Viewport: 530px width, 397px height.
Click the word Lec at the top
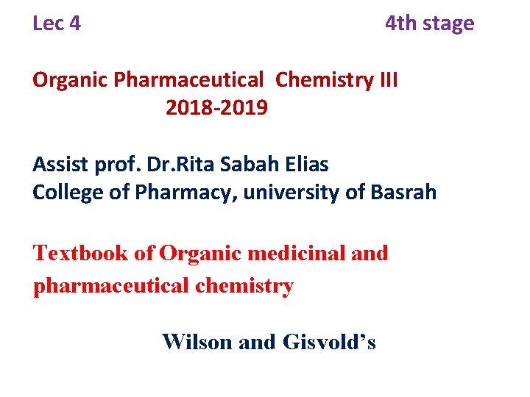coord(48,24)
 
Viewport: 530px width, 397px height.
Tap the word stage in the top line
coord(448,24)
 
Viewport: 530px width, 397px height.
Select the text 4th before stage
coord(400,24)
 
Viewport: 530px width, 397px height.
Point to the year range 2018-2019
coord(217,108)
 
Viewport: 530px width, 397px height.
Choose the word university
coord(283,193)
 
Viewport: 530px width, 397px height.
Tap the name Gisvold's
coord(329,342)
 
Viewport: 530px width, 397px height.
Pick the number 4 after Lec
coord(75,24)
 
